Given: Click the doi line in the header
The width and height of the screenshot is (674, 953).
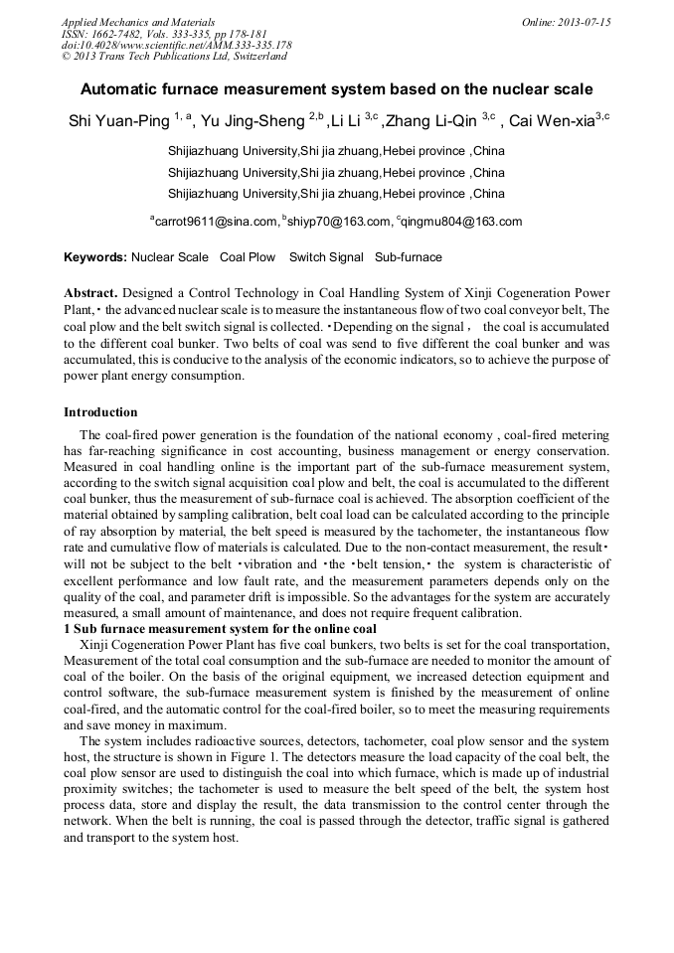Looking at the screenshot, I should [176, 45].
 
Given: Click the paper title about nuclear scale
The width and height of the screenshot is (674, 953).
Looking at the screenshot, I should [336, 88].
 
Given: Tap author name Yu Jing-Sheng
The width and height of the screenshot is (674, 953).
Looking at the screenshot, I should [252, 122].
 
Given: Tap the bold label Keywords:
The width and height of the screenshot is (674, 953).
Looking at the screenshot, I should [95, 257].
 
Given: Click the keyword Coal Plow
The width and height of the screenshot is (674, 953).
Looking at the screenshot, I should [248, 257].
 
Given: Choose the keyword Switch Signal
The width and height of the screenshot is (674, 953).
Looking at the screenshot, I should [326, 257].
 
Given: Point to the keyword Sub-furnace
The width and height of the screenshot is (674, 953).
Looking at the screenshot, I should [408, 257].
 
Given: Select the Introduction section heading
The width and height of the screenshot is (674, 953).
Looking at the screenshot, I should [100, 411].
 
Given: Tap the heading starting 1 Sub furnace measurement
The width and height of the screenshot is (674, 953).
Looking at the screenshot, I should [220, 628].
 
